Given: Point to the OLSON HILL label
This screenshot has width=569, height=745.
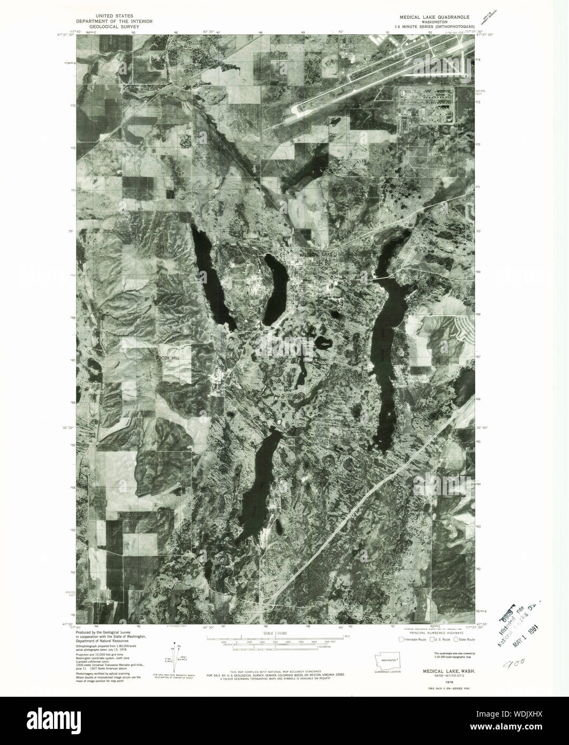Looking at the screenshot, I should tap(343, 190).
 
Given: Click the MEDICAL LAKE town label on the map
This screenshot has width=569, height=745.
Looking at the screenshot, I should tap(316, 255).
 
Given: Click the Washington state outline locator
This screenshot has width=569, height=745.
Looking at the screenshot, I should tap(386, 661).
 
